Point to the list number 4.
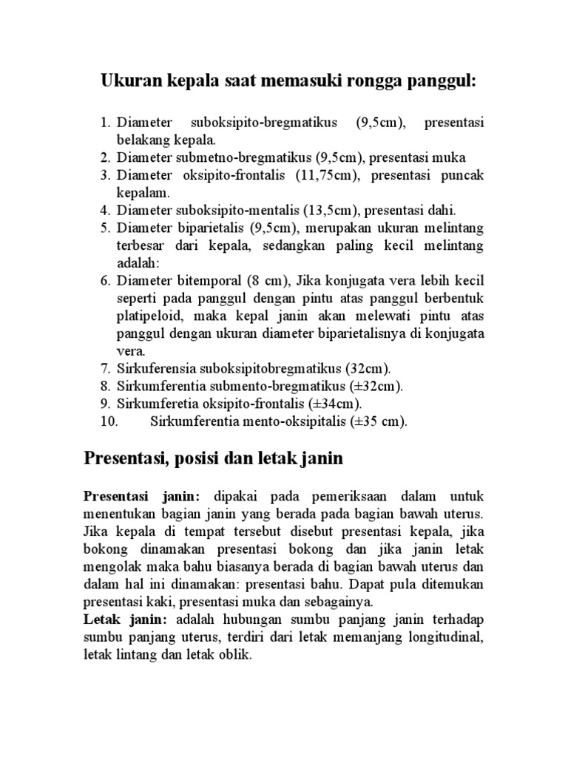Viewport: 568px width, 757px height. pos(104,209)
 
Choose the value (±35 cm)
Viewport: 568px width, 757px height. pos(380,421)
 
